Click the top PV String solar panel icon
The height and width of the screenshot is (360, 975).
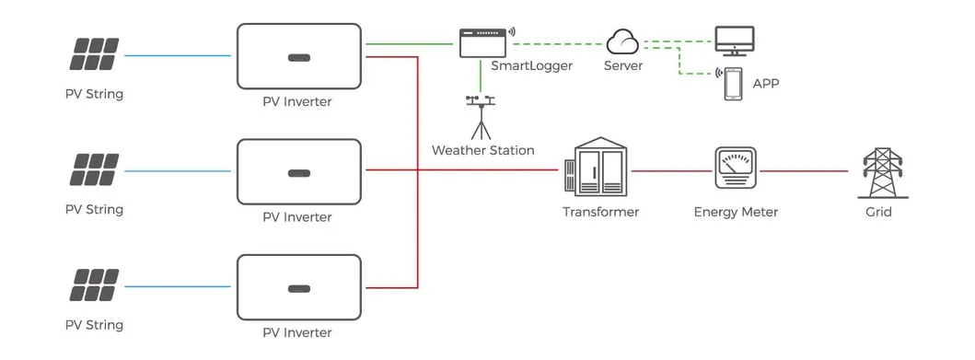[x=94, y=56]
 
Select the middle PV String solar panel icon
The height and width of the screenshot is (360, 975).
[x=94, y=171]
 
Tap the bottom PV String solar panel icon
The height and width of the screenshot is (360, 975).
[x=94, y=286]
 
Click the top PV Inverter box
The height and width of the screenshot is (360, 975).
[x=298, y=56]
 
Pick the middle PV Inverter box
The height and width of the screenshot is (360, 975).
[x=298, y=171]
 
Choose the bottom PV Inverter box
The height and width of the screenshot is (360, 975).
[x=298, y=286]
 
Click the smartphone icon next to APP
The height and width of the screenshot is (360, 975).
[x=733, y=84]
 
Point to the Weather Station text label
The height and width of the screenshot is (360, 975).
[x=482, y=150]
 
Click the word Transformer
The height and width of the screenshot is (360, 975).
[x=600, y=212]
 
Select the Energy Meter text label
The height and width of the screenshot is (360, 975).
[x=736, y=212]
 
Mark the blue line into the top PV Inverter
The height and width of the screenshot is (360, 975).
[x=177, y=56]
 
